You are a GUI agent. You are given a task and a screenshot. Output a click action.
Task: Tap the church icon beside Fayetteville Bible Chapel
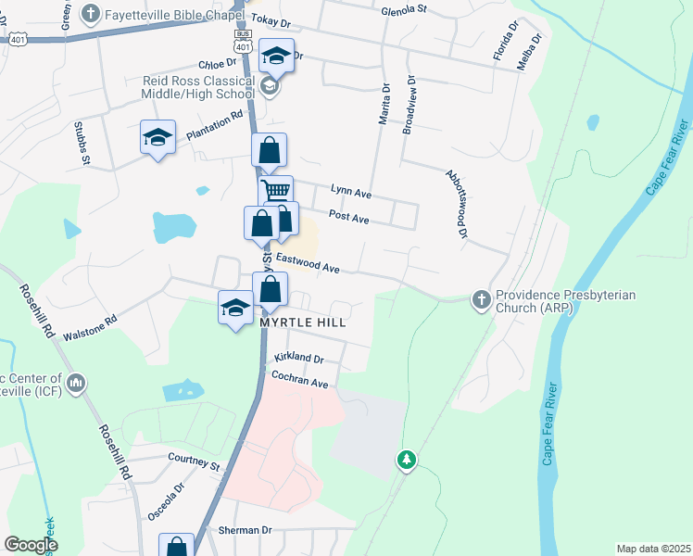91,14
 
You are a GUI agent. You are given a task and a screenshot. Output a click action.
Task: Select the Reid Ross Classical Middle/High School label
198,87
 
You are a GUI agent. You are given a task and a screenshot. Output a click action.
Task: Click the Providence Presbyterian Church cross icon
481,299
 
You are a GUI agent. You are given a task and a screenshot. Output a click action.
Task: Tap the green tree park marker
406,459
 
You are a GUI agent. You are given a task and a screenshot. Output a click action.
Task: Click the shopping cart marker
275,192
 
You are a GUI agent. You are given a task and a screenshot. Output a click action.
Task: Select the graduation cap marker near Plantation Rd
157,137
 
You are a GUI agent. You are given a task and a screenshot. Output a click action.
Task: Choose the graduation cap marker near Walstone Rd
235,307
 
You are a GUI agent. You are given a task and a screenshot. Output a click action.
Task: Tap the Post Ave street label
348,219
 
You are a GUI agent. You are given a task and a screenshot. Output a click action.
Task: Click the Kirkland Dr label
298,358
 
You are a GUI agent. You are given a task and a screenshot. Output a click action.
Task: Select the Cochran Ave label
300,381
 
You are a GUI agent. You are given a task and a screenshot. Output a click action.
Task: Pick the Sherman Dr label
245,530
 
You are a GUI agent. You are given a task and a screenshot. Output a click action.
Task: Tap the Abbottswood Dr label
456,203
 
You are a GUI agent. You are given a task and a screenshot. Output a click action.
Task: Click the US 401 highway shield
18,39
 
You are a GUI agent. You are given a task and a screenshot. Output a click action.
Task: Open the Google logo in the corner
31,545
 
